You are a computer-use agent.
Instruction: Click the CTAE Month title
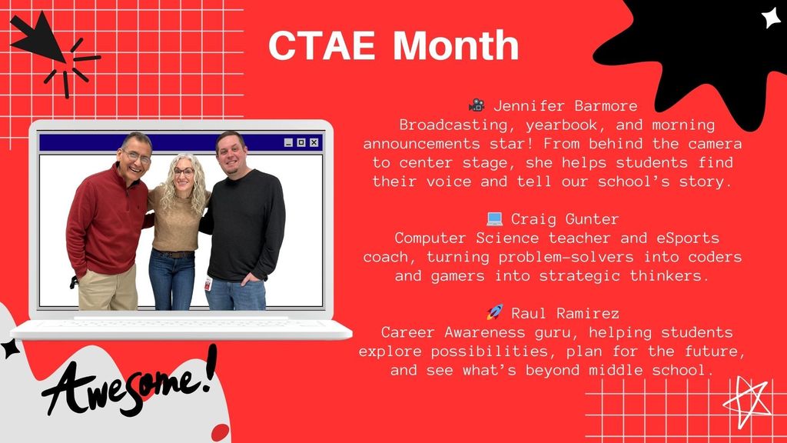pyautogui.click(x=393, y=45)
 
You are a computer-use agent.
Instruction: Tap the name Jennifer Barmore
pyautogui.click(x=565, y=105)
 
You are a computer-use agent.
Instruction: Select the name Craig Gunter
pyautogui.click(x=565, y=219)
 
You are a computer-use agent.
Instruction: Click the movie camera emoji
pyautogui.click(x=477, y=105)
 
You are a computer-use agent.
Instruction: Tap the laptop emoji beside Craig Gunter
pyautogui.click(x=494, y=219)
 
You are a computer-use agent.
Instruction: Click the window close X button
pyautogui.click(x=314, y=142)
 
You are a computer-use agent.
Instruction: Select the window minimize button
pyautogui.click(x=288, y=142)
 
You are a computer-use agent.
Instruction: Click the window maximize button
pyautogui.click(x=301, y=142)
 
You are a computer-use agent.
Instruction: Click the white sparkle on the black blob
pyautogui.click(x=771, y=17)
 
